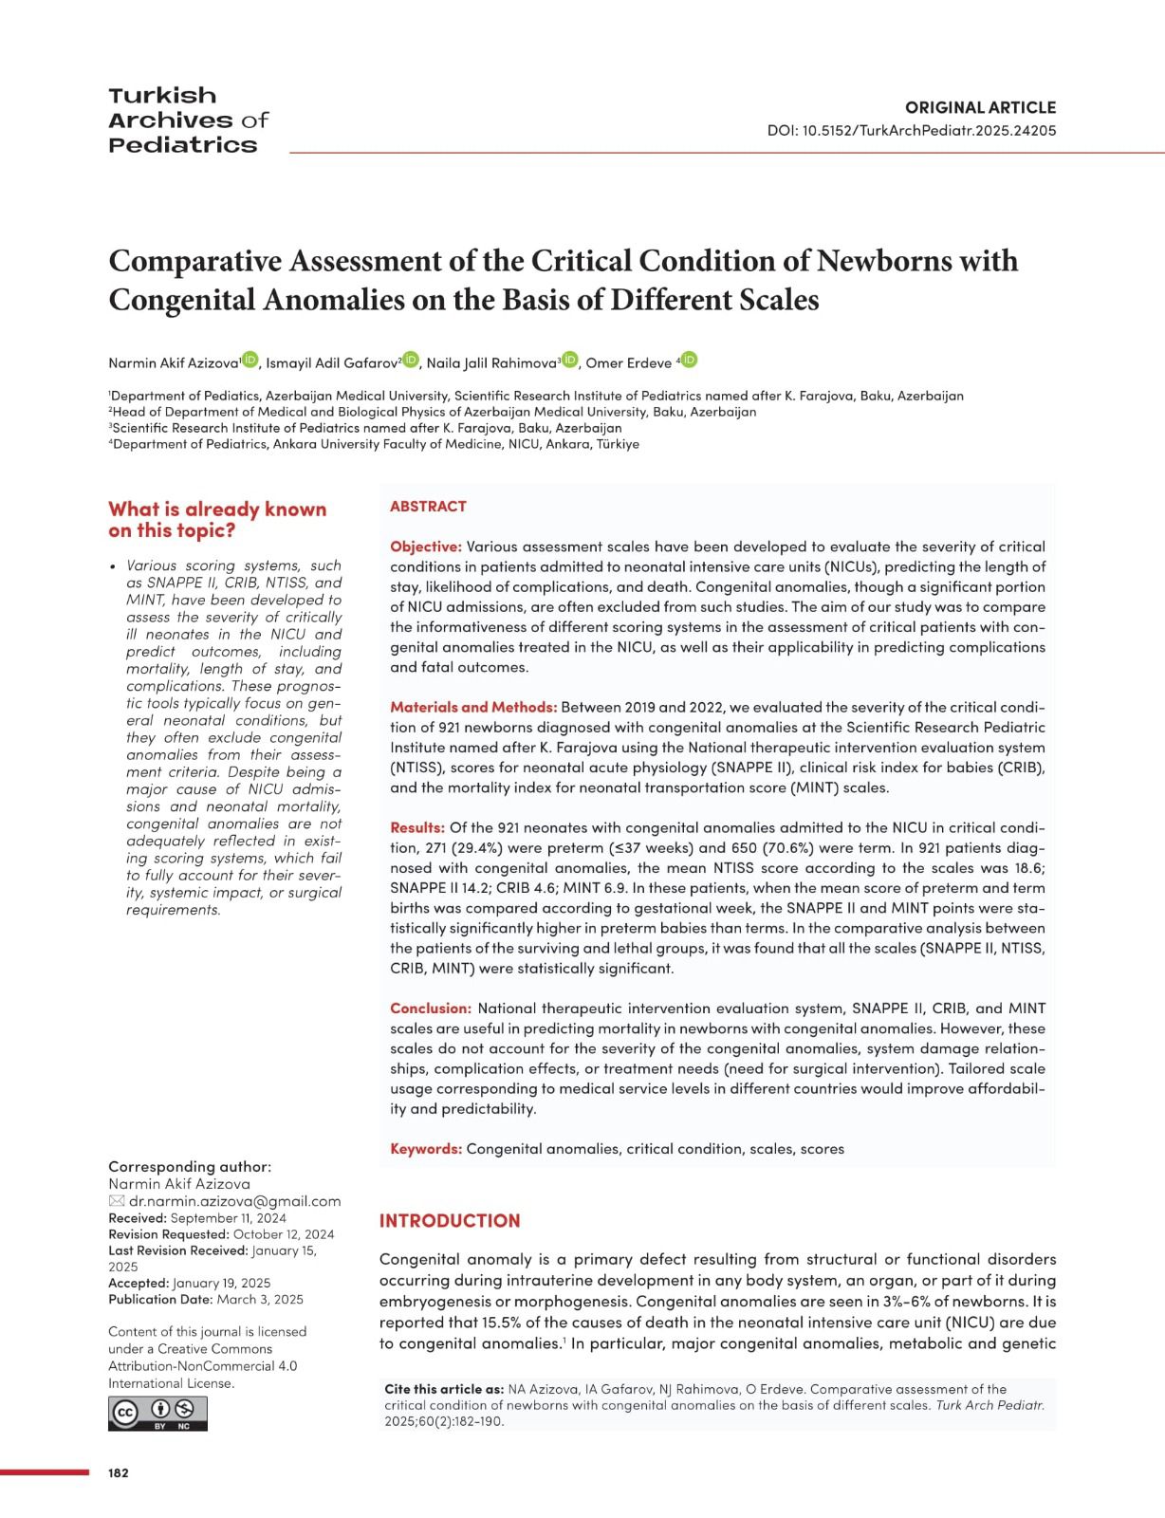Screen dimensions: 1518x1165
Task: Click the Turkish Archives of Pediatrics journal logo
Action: point(188,120)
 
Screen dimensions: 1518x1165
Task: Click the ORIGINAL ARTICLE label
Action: point(980,107)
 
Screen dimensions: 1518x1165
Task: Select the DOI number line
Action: point(911,131)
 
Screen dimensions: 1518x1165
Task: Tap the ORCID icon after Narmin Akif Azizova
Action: point(250,360)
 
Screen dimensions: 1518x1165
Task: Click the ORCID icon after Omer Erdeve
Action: point(690,360)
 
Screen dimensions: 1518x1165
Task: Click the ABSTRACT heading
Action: point(428,507)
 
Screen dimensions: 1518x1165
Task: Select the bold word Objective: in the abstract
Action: point(426,546)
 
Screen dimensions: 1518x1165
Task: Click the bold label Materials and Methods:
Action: point(473,707)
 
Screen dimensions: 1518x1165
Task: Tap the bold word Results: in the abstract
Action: point(417,827)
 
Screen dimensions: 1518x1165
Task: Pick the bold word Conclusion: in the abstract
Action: point(431,1008)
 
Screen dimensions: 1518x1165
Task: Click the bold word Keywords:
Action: point(426,1148)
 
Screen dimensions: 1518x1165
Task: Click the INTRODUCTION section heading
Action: point(450,1221)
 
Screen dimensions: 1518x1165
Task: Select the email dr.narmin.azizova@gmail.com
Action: point(234,1201)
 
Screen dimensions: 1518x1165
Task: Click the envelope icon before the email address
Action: point(117,1201)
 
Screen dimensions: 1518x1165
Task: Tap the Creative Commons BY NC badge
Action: point(157,1413)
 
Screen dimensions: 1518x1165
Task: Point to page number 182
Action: point(119,1472)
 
